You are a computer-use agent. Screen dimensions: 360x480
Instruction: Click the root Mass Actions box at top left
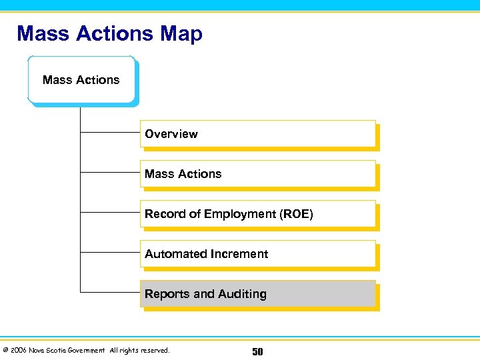pyautogui.click(x=81, y=80)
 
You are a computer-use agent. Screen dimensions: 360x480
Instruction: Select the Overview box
pyautogui.click(x=257, y=133)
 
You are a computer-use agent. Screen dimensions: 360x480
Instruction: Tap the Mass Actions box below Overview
pyautogui.click(x=257, y=173)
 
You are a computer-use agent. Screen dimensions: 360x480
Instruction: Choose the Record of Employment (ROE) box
pyautogui.click(x=257, y=214)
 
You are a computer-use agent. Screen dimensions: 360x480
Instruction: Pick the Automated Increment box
pyautogui.click(x=257, y=254)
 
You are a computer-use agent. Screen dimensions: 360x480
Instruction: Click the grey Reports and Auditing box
pyautogui.click(x=257, y=294)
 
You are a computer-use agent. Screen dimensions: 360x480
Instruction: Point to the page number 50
pyautogui.click(x=257, y=351)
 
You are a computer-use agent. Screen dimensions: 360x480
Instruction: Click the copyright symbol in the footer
pyautogui.click(x=5, y=351)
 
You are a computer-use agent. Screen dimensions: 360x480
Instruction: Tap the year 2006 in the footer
pyautogui.click(x=18, y=351)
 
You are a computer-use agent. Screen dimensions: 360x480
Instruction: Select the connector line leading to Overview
pyautogui.click(x=110, y=133)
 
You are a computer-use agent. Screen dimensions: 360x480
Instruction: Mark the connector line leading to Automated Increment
pyautogui.click(x=110, y=253)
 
